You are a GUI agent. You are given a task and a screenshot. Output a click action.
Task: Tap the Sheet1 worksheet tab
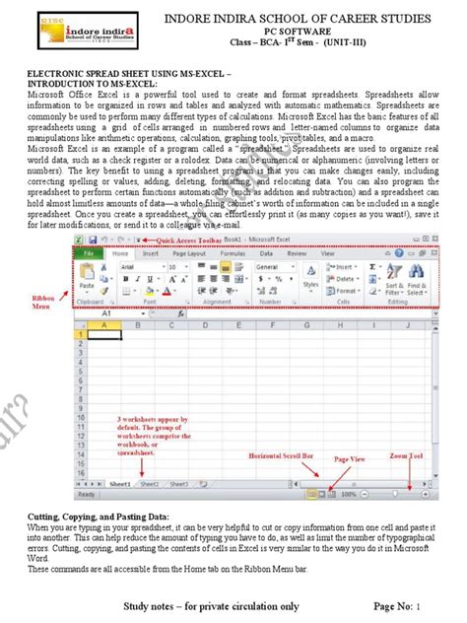(120, 484)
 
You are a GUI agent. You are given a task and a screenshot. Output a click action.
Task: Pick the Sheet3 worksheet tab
(179, 484)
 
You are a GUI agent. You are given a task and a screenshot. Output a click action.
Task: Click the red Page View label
(351, 459)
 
